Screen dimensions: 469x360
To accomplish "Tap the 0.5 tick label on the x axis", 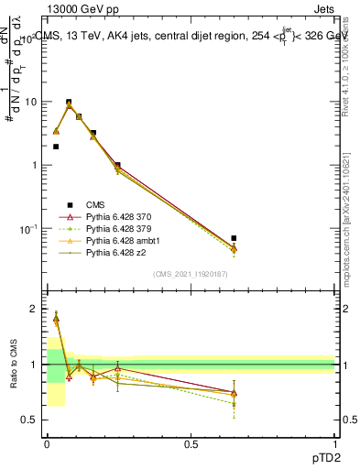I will [191, 443].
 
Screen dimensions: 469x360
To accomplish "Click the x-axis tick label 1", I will [334, 443].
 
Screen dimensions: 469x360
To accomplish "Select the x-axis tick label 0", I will [47, 443].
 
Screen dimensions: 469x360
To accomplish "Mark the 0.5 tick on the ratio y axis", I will [31, 420].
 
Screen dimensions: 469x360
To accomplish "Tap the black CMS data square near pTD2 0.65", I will [234, 238].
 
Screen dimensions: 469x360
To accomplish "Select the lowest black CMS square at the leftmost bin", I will [56, 147].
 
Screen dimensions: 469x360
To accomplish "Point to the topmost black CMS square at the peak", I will [69, 103].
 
